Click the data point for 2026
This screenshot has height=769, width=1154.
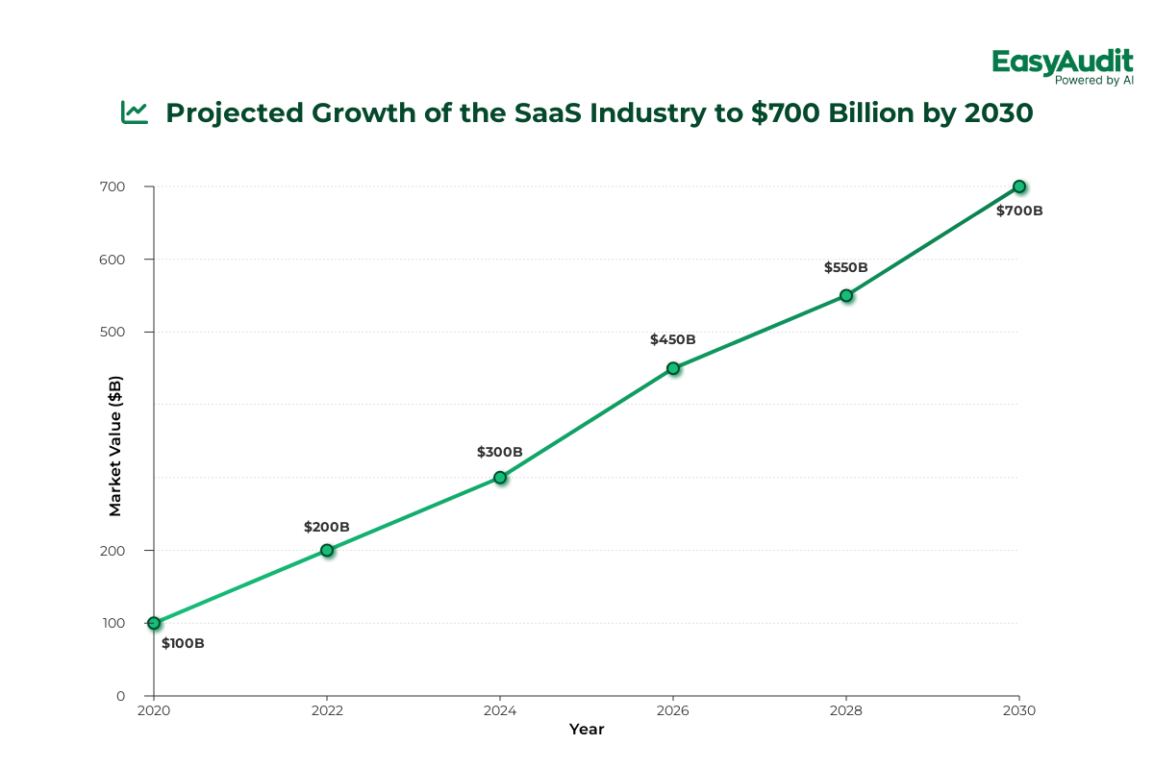click(x=673, y=368)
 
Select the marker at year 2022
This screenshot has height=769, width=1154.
click(x=327, y=550)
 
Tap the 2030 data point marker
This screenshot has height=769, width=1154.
click(x=1019, y=186)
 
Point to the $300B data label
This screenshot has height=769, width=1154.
click(x=500, y=452)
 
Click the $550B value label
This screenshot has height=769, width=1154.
click(x=846, y=268)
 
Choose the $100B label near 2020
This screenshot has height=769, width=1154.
click(x=183, y=643)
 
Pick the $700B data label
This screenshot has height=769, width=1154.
click(x=1019, y=211)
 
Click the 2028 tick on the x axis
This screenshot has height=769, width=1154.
click(x=846, y=710)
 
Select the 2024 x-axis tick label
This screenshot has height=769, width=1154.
click(x=500, y=710)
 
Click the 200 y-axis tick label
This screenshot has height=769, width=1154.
click(x=127, y=550)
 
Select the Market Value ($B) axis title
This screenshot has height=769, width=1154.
click(x=115, y=446)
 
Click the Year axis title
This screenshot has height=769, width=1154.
click(x=587, y=730)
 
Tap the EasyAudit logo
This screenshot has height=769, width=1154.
click(x=1063, y=62)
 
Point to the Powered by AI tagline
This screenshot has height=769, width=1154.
click(x=1094, y=81)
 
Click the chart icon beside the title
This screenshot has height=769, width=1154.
click(x=135, y=112)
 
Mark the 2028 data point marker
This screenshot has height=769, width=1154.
click(x=846, y=295)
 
